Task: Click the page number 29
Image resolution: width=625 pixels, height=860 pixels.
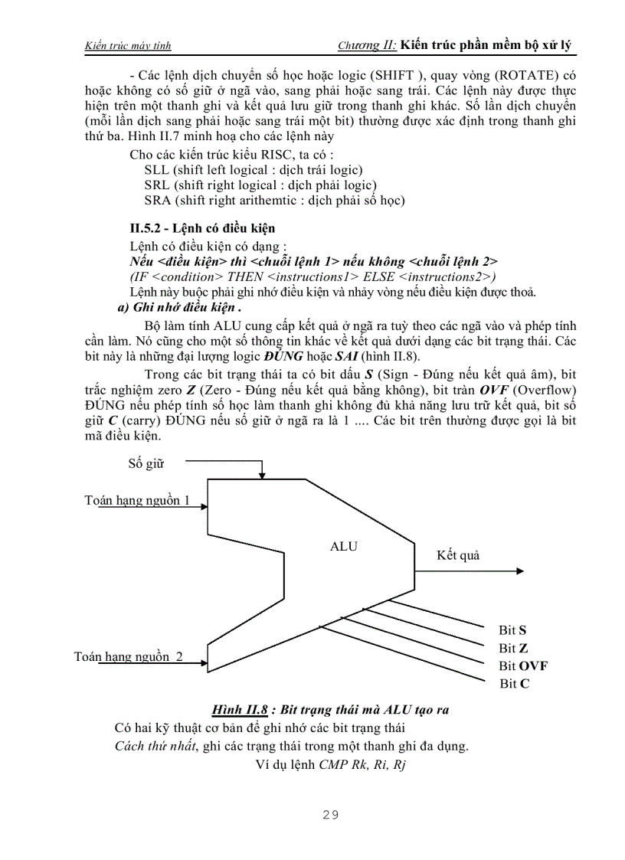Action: [x=330, y=814]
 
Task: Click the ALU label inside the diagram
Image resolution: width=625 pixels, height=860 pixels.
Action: [x=343, y=546]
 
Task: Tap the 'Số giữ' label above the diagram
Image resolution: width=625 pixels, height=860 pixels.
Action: [x=146, y=463]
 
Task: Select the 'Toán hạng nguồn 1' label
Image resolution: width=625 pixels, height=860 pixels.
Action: [x=138, y=501]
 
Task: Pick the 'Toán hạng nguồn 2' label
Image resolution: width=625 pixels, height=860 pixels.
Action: [x=129, y=656]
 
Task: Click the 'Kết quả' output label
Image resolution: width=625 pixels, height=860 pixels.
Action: [x=458, y=555]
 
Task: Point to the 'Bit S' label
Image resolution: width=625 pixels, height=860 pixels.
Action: [x=512, y=630]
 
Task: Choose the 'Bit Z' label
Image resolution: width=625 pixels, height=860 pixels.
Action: [x=512, y=648]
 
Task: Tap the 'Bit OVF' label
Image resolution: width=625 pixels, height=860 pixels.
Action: [x=523, y=665]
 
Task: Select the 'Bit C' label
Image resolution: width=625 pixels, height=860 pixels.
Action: [x=514, y=683]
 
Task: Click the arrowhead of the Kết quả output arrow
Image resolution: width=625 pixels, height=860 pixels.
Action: [x=520, y=571]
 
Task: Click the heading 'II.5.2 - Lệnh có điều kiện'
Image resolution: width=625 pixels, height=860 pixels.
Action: [x=202, y=228]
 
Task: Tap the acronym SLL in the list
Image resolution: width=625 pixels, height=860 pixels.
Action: [x=157, y=169]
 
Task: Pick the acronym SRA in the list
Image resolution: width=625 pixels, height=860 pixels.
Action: [x=157, y=201]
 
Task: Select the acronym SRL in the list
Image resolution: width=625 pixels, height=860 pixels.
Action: [x=157, y=185]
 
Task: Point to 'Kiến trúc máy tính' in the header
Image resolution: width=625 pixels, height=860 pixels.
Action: [x=127, y=46]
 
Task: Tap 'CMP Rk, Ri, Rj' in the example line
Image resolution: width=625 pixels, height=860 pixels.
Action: [x=362, y=764]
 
